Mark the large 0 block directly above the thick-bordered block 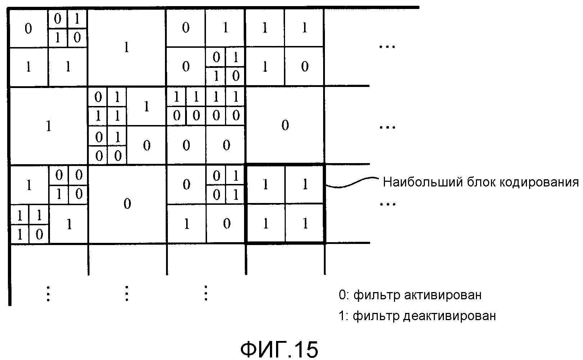point(285,125)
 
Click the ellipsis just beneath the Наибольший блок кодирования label point(387,204)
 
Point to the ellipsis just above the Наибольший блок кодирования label point(387,127)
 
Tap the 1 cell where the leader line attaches point(305,184)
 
